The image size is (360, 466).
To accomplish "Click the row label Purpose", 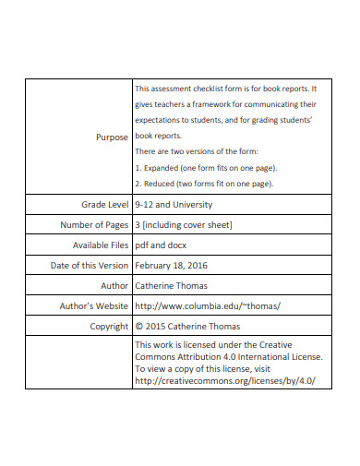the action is [112, 137].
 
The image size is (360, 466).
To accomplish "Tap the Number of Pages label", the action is [94, 224].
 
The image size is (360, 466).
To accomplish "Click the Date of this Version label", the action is [89, 265].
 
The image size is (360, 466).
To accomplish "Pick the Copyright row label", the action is [109, 326].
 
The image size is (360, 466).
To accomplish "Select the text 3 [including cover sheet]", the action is [184, 224].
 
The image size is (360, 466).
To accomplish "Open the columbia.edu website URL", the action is [207, 305].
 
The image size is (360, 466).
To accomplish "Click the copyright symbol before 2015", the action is [138, 326].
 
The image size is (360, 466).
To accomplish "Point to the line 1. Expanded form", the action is [205, 168].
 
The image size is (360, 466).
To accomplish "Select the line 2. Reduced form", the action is [203, 184].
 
